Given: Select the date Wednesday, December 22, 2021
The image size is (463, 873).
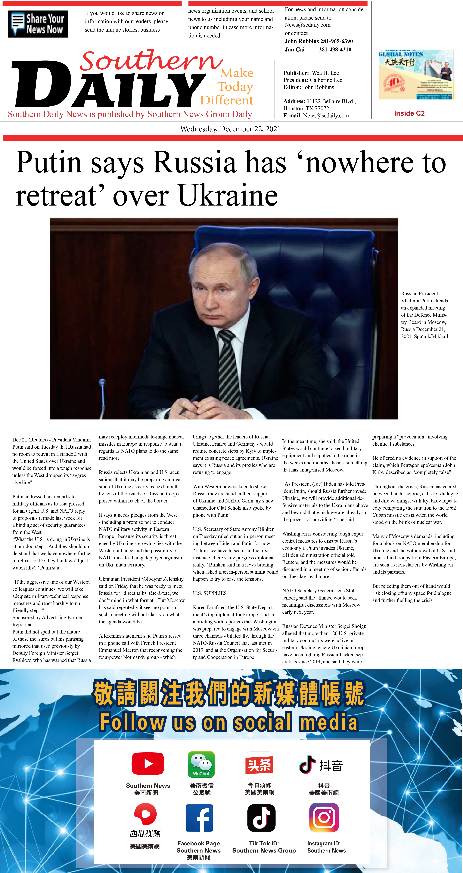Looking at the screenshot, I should pyautogui.click(x=231, y=129).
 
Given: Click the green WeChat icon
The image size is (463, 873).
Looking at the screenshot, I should pyautogui.click(x=201, y=764).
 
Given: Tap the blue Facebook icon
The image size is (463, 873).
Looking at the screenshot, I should pyautogui.click(x=199, y=818).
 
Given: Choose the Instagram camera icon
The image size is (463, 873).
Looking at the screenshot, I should pyautogui.click(x=324, y=818).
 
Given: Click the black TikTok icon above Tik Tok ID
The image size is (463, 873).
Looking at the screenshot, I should pyautogui.click(x=261, y=818).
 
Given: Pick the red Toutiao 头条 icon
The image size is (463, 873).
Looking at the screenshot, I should pyautogui.click(x=259, y=765).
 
